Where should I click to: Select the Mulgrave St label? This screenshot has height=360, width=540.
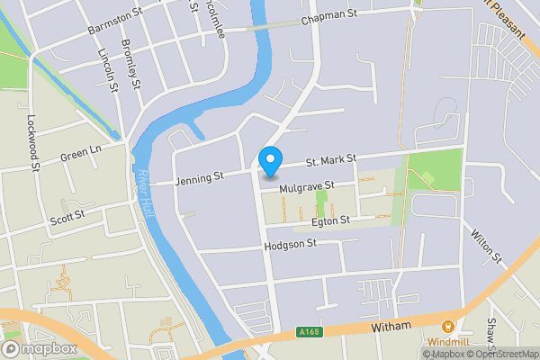click(x=306, y=186)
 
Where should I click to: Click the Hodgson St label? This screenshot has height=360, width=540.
click(x=291, y=244)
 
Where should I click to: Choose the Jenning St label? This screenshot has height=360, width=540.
click(x=199, y=178)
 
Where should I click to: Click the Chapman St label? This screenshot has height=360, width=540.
click(x=329, y=18)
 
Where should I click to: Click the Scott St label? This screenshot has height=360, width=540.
click(x=67, y=216)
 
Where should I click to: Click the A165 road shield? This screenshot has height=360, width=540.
click(x=307, y=333)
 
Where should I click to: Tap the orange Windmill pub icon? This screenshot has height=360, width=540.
click(x=447, y=328)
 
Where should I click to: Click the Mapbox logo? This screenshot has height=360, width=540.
click(x=40, y=347)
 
